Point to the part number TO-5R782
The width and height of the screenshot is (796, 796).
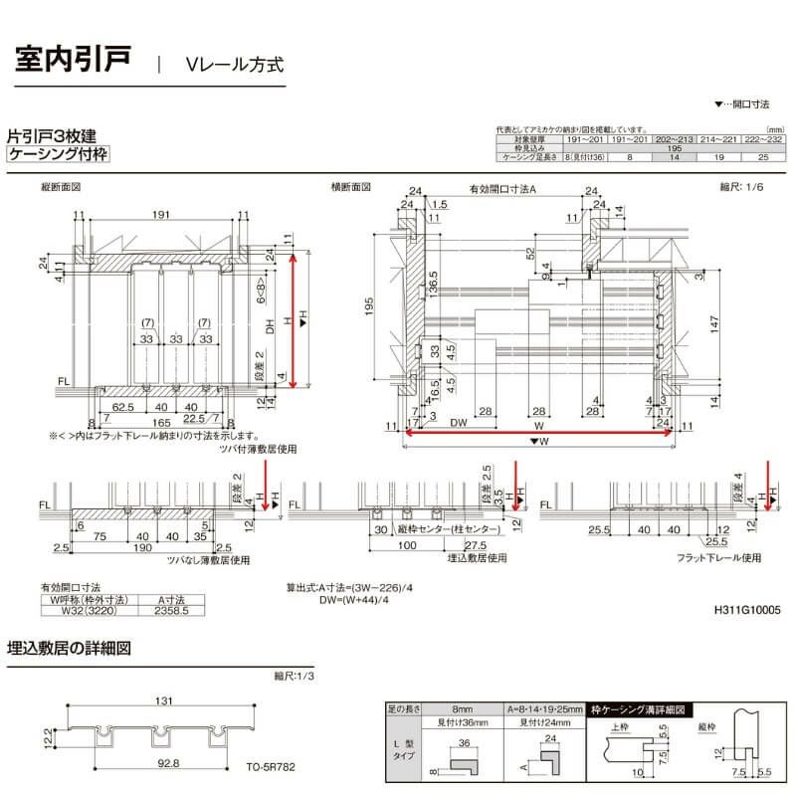pyautogui.click(x=272, y=768)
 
